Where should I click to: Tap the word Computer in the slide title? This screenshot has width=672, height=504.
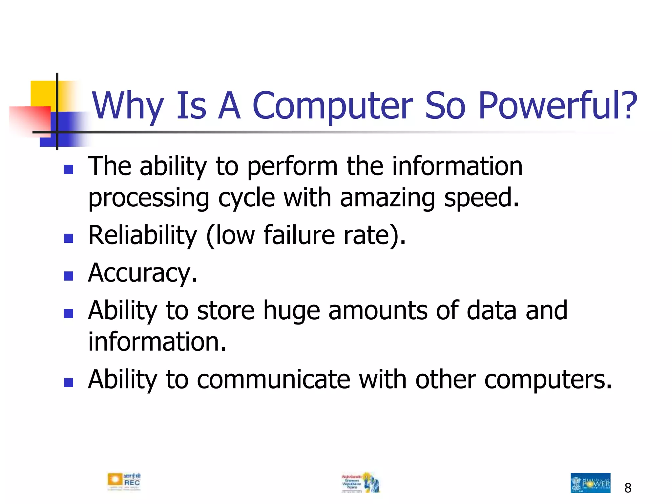(x=333, y=106)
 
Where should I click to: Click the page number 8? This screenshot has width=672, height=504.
(x=628, y=488)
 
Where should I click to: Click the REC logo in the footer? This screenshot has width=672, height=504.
(x=124, y=482)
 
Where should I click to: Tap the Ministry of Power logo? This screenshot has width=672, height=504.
(x=590, y=483)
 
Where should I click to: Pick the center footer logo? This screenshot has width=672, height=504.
(x=360, y=482)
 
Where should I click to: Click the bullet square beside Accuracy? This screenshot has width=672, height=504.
(x=68, y=276)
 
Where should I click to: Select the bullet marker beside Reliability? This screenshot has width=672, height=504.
(x=68, y=238)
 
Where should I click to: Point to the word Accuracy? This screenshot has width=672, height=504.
(x=142, y=273)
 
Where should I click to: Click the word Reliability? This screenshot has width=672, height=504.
(x=142, y=235)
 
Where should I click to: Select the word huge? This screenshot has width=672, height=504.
(x=291, y=310)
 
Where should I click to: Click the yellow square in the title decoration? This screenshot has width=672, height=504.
(x=43, y=93)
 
